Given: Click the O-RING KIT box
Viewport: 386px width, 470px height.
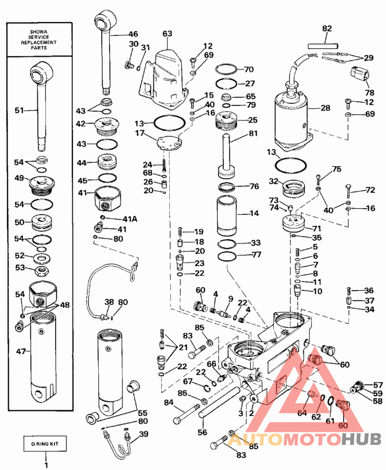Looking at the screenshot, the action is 45,443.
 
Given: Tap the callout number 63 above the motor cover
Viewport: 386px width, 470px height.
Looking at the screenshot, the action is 167,33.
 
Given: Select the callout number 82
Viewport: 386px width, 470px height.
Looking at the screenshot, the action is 327,28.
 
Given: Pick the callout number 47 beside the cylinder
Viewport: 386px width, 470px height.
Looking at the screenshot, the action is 21,351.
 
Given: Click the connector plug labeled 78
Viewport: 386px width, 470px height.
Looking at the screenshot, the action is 359,73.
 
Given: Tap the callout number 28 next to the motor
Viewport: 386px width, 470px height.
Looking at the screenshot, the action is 325,108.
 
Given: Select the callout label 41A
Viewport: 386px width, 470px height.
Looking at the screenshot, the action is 130,219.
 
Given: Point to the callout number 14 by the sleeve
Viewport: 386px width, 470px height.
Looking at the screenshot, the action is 254,214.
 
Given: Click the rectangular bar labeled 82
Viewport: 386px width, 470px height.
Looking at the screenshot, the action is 323,46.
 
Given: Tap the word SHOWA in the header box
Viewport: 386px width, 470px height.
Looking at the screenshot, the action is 39,32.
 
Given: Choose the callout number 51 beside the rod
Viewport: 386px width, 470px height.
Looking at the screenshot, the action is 19,110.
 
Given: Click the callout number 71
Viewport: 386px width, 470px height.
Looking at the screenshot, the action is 317,228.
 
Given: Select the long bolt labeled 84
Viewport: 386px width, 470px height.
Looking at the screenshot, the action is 187,414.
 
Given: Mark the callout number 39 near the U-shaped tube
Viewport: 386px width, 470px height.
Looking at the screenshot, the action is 144,434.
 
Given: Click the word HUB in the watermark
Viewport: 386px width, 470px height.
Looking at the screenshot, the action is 361,440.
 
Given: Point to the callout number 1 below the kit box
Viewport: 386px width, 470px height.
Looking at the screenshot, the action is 46,465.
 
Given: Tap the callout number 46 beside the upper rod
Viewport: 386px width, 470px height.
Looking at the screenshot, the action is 133,34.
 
